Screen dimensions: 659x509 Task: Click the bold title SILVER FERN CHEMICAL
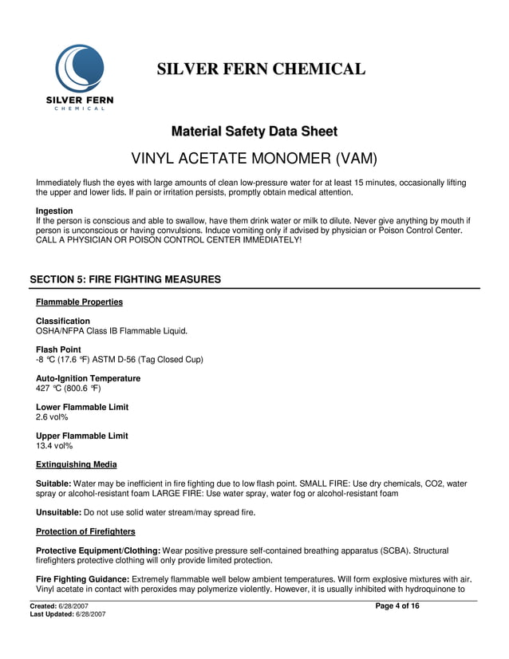(261, 69)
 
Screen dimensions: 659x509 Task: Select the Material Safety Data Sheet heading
(254, 132)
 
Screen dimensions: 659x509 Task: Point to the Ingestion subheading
(54, 211)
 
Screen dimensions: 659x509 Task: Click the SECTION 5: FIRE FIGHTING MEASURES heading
(125, 279)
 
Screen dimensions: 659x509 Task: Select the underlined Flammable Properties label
(79, 302)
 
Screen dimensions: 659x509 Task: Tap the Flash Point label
(58, 350)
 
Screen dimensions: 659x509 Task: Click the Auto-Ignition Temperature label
(88, 379)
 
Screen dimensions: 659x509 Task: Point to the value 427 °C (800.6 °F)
(68, 388)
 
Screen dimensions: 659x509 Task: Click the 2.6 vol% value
(52, 416)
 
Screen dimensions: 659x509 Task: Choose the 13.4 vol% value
(54, 445)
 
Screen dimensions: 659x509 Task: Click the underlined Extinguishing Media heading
(77, 464)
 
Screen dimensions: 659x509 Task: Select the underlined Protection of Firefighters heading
(85, 531)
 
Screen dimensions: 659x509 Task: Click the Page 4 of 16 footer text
(397, 606)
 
